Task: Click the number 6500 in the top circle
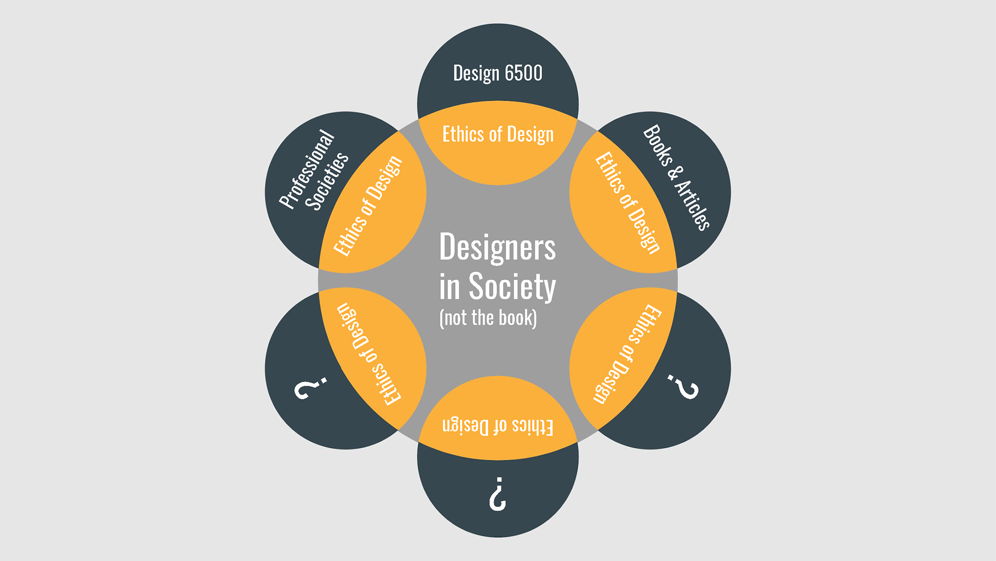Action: tap(523, 73)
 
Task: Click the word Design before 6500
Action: tap(476, 74)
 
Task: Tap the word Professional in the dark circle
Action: tap(307, 169)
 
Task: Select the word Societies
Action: tap(327, 181)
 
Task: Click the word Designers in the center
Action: tap(497, 248)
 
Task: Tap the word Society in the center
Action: tap(512, 286)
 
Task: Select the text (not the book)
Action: tap(488, 318)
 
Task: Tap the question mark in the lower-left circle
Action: tap(310, 388)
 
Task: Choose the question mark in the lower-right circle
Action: tap(683, 386)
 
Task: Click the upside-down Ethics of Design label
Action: tap(497, 426)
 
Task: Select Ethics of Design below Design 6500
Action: tap(497, 134)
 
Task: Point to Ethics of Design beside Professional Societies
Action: tap(368, 206)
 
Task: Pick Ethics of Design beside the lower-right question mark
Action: tap(627, 354)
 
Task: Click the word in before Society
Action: tap(449, 287)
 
